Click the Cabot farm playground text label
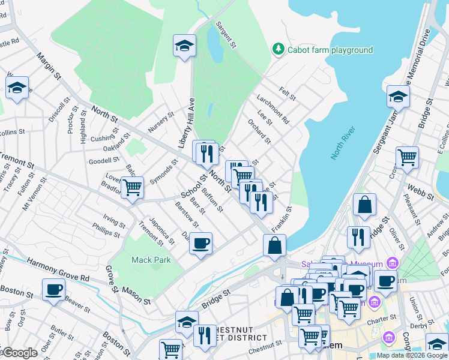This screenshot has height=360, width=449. point(330,50)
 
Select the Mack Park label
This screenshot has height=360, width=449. point(151,260)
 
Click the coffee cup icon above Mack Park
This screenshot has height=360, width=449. point(201,244)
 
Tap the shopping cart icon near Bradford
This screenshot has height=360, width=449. point(132,187)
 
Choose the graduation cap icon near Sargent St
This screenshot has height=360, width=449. point(184,45)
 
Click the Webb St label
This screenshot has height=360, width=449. point(420,189)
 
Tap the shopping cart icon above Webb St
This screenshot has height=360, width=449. point(407,158)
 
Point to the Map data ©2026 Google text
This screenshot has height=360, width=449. point(412,355)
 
